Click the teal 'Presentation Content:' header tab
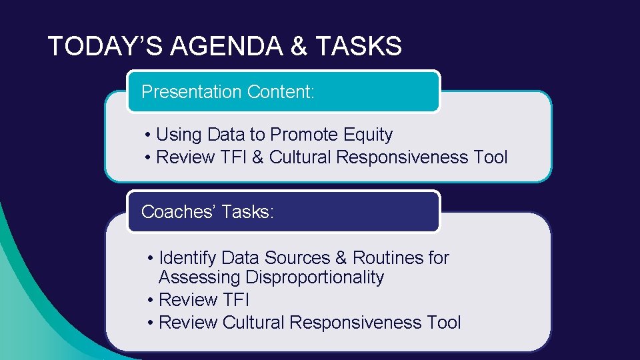(283, 91)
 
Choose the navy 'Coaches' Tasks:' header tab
(283, 212)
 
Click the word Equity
(368, 135)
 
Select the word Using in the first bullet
(179, 135)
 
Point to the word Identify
(188, 258)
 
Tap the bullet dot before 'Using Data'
(147, 135)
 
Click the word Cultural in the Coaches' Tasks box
(253, 323)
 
